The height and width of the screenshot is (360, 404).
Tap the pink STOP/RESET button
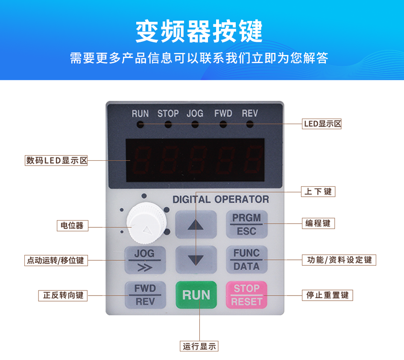point(246,295)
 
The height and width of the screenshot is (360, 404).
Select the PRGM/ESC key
point(246,224)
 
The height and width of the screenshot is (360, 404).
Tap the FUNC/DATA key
point(246,259)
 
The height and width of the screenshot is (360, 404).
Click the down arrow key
point(196,259)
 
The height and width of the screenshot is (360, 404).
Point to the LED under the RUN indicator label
point(140,125)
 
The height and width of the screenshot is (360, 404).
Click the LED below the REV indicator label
point(250,125)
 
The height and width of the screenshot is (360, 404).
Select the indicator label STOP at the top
point(168,113)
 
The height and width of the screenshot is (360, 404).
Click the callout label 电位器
point(72,225)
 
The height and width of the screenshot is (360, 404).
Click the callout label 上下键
point(318,192)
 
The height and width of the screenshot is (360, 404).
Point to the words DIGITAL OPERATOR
point(220,199)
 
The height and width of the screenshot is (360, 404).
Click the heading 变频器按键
point(199,31)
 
